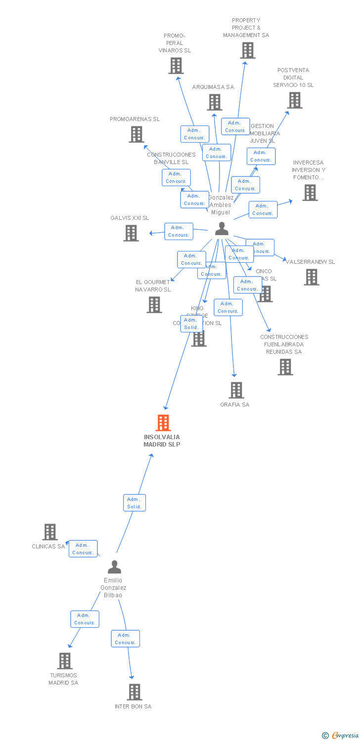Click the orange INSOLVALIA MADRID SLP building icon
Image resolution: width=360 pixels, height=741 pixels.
[163, 423]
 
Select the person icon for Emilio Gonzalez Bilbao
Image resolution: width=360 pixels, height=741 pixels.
[114, 567]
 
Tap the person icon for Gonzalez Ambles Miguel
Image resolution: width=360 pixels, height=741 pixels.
[222, 229]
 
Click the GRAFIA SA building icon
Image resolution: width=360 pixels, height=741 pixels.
[236, 390]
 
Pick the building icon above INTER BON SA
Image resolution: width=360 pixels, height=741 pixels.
[135, 692]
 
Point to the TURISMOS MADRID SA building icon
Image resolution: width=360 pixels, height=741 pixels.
[65, 661]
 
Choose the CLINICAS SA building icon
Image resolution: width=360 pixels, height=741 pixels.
[50, 532]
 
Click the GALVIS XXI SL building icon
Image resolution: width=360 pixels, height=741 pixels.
[131, 233]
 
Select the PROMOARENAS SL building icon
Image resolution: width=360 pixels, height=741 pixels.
[136, 134]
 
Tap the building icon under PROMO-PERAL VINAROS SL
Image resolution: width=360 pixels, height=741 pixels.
[176, 66]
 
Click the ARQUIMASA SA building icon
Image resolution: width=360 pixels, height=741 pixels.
[215, 102]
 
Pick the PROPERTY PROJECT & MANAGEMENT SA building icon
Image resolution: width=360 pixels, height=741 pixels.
[248, 50]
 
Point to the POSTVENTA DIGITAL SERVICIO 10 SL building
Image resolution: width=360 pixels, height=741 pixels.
[295, 100]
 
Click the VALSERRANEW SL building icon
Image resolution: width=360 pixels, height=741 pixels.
[312, 277]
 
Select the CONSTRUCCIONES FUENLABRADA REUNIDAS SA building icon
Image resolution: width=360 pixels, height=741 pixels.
[285, 367]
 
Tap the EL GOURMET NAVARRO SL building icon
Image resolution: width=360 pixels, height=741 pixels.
[154, 305]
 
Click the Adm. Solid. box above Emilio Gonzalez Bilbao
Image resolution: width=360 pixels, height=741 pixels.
[135, 503]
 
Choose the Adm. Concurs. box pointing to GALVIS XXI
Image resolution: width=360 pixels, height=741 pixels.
[179, 231]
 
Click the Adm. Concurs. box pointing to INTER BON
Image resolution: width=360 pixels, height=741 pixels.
[125, 639]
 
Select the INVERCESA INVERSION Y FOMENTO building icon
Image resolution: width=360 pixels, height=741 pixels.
[310, 193]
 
